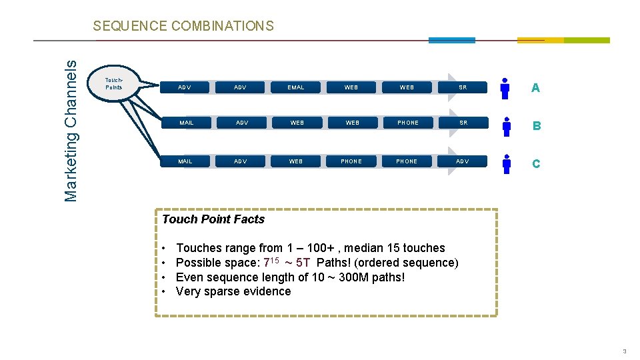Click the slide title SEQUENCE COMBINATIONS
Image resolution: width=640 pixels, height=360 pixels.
(183, 26)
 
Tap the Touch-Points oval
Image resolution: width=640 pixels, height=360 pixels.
(115, 84)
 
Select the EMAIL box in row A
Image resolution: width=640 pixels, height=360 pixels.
(296, 87)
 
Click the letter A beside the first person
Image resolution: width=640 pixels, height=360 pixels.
(535, 88)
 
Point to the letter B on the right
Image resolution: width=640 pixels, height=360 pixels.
(536, 126)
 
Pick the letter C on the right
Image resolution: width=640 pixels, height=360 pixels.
(536, 163)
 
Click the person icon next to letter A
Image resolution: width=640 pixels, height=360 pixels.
(505, 88)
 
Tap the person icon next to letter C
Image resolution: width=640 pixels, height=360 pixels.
(507, 163)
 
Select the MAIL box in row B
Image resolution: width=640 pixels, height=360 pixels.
(187, 123)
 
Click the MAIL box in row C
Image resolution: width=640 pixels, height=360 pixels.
(185, 161)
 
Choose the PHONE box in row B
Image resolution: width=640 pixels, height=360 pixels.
(408, 123)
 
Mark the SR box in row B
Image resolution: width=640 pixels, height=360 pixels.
(463, 123)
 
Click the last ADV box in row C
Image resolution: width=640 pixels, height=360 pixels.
(462, 161)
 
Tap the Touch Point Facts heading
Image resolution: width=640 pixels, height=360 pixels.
(213, 219)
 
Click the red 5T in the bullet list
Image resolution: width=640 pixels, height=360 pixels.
(303, 263)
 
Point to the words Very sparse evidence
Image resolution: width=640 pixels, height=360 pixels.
(233, 291)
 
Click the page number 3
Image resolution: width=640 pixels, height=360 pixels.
(624, 351)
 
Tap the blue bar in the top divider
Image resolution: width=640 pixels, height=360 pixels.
(451, 40)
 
